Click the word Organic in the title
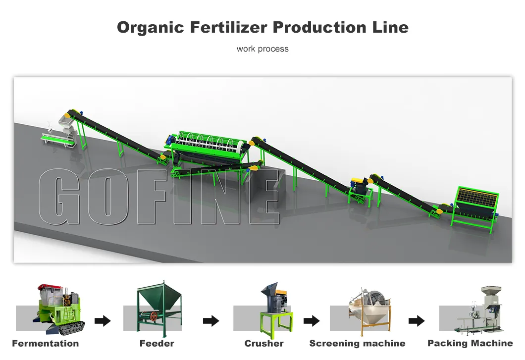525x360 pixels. point(151,28)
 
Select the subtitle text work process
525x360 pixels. point(262,49)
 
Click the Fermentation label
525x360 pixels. point(46,343)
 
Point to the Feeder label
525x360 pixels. point(157,343)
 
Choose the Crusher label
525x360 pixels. point(264,343)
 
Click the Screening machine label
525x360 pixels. point(357,343)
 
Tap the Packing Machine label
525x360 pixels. point(470,343)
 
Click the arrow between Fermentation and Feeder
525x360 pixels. point(103,321)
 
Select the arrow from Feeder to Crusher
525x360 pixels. point(211,321)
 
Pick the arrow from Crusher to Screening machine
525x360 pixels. point(312,321)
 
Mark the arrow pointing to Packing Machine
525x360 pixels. point(417,321)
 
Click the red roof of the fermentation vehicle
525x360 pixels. point(50,288)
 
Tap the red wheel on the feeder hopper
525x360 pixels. point(154,316)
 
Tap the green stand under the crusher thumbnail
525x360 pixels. point(276,324)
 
